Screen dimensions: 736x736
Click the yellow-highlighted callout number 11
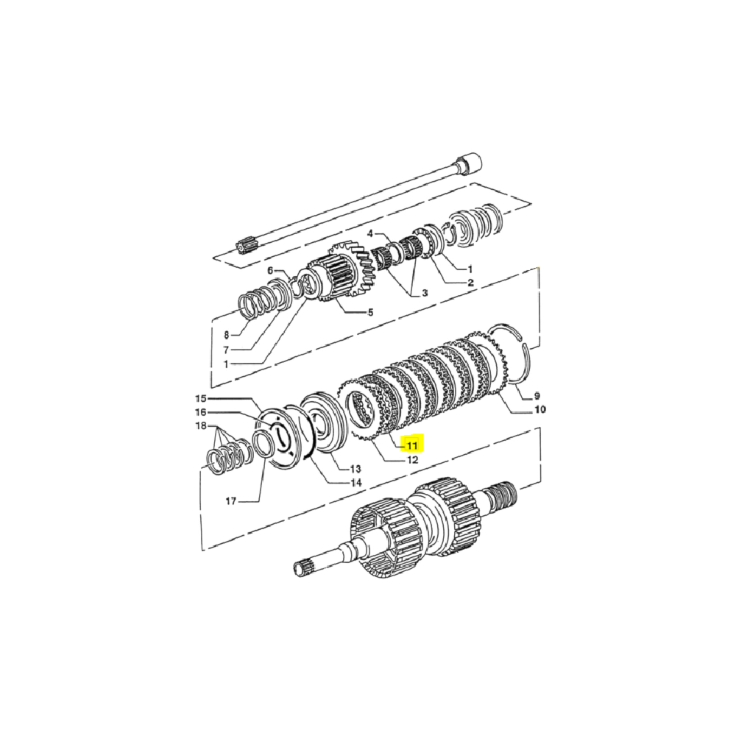pyautogui.click(x=410, y=445)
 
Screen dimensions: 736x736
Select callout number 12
pyautogui.click(x=411, y=460)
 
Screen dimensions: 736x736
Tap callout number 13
pyautogui.click(x=355, y=469)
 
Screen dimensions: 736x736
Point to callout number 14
pyautogui.click(x=355, y=484)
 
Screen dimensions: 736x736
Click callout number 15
pyautogui.click(x=201, y=398)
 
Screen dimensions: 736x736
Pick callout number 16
pyautogui.click(x=201, y=412)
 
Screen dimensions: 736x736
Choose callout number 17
pyautogui.click(x=230, y=501)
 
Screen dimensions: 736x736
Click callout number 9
pyautogui.click(x=536, y=395)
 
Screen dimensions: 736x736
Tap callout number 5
pyautogui.click(x=370, y=312)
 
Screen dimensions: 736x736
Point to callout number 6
pyautogui.click(x=269, y=270)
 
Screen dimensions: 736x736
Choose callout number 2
pyautogui.click(x=470, y=283)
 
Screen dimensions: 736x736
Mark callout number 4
pyautogui.click(x=370, y=233)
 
